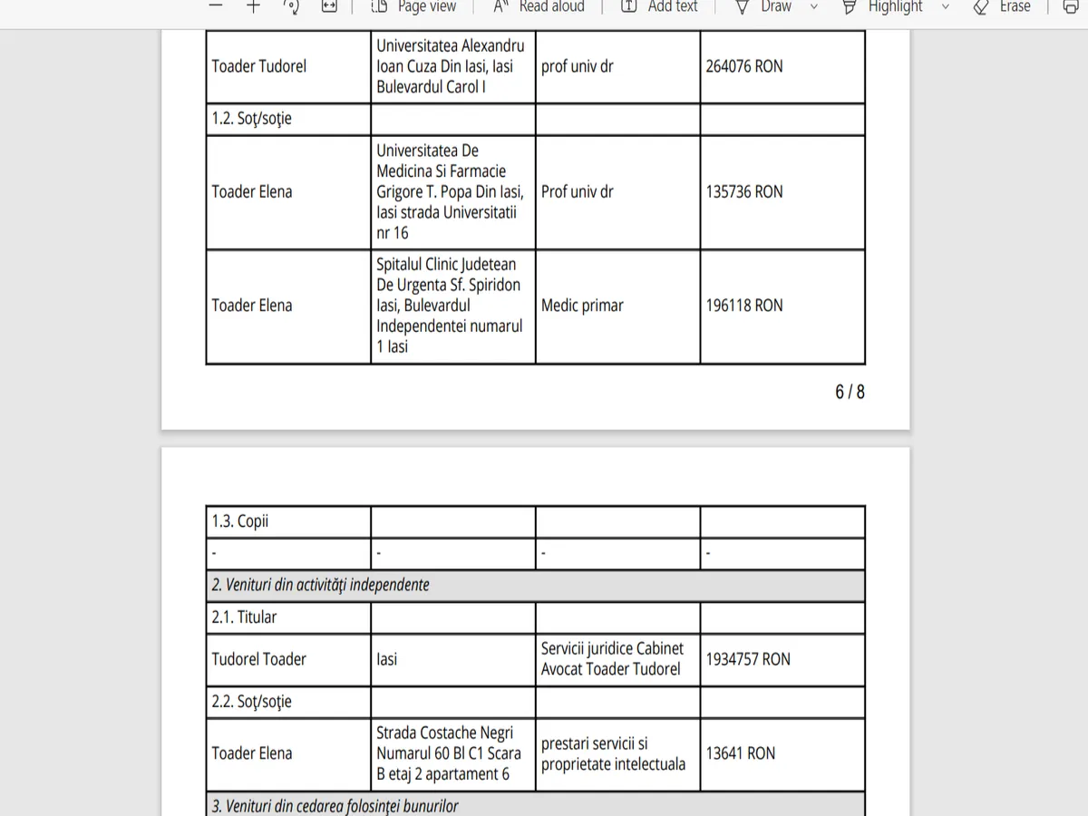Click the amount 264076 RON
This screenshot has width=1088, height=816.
pyautogui.click(x=743, y=66)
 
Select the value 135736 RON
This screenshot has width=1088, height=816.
pyautogui.click(x=743, y=191)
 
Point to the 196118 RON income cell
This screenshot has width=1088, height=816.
pyautogui.click(x=743, y=306)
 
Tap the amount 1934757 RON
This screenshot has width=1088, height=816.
pyautogui.click(x=748, y=659)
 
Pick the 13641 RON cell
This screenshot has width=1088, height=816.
pyautogui.click(x=741, y=753)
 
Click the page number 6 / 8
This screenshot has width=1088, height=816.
pyautogui.click(x=850, y=392)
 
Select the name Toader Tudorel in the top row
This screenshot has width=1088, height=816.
pyautogui.click(x=259, y=66)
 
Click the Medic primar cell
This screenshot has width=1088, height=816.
pyautogui.click(x=582, y=306)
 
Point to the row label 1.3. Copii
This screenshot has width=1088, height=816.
pyautogui.click(x=240, y=521)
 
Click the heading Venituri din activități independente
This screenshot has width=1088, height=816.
pyautogui.click(x=321, y=585)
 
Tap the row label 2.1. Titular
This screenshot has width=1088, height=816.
pyautogui.click(x=244, y=617)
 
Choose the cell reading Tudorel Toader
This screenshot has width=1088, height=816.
pyautogui.click(x=259, y=659)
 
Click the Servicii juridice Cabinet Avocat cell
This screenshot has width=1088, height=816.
pyautogui.click(x=612, y=659)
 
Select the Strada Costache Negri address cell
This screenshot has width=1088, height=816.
pyautogui.click(x=449, y=753)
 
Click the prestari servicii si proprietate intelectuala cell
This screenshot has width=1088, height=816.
pyautogui.click(x=613, y=753)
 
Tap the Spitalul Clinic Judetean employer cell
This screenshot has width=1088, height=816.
pyautogui.click(x=450, y=306)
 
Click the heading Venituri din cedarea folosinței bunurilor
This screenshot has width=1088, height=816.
pyautogui.click(x=335, y=805)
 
